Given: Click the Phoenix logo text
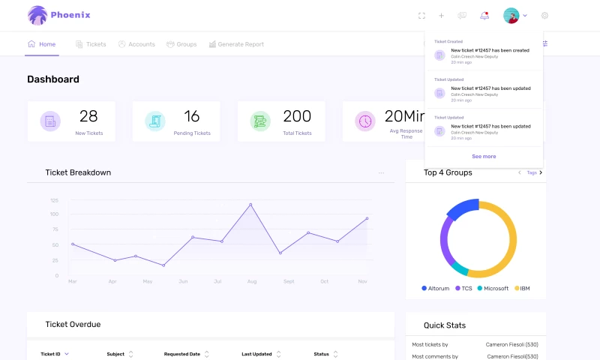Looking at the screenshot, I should point(71,14).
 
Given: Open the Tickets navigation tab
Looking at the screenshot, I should point(91,44).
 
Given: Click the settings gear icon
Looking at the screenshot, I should point(544,15).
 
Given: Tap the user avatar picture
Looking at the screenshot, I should point(511,15).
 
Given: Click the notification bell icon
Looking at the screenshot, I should point(484,15).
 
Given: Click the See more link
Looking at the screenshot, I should point(484,156).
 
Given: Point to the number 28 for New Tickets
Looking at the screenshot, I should point(88,116).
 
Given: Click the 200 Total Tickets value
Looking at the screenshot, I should point(297,116).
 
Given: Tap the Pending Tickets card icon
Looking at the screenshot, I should point(155,121).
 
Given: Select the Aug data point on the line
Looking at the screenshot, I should point(250,204).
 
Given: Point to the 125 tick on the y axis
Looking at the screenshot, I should point(55,200).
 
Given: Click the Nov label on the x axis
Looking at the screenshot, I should point(362,281).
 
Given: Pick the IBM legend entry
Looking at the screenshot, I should point(522,288).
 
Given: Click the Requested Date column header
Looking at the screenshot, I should point(182,353).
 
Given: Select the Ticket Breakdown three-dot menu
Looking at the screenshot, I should point(381,172).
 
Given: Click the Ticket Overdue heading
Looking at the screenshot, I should point(73,325).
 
